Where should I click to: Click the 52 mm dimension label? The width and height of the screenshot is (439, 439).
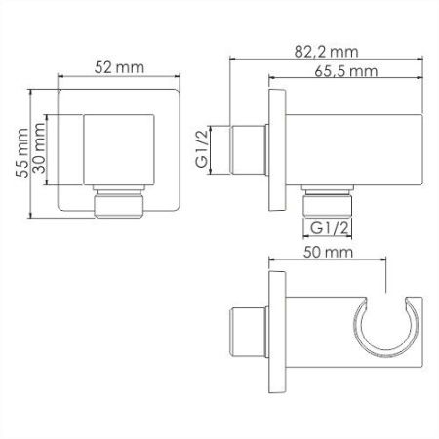pos(119,67)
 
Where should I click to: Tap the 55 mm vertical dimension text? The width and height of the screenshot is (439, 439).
pos(22,153)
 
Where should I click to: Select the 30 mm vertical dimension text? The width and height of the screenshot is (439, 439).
pos(39,148)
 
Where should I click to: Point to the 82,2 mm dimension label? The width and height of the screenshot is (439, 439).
pos(326,52)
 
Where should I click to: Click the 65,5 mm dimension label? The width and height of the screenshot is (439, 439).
pos(346,71)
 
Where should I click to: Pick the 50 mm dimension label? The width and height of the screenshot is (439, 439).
pos(328,252)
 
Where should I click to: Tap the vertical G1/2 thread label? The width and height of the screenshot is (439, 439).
pos(202,148)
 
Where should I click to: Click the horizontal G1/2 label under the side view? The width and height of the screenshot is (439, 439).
pos(329,228)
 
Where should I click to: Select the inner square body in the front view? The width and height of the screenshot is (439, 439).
pos(119,150)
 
